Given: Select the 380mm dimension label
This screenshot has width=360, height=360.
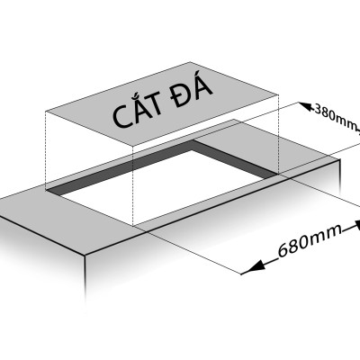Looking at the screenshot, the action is click(x=335, y=117).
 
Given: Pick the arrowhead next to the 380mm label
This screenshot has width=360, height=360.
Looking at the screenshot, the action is click(x=306, y=106).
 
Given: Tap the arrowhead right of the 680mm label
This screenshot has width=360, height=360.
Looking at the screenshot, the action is click(x=357, y=225).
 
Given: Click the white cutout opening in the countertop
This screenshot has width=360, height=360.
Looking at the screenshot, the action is click(x=169, y=186).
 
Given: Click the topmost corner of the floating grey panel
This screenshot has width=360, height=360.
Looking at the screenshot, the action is click(x=190, y=62).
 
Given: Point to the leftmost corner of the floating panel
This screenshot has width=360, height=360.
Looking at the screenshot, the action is click(x=46, y=112).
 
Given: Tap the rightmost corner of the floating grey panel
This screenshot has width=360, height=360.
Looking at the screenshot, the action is click(x=279, y=95).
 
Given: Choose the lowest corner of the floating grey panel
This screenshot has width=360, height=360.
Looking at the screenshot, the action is click(x=133, y=148).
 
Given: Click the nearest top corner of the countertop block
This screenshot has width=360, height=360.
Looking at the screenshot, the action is click(x=85, y=256).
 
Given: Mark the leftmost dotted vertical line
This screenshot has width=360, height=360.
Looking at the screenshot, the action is click(x=46, y=151).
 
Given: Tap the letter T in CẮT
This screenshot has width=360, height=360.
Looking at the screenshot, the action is click(x=155, y=104).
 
